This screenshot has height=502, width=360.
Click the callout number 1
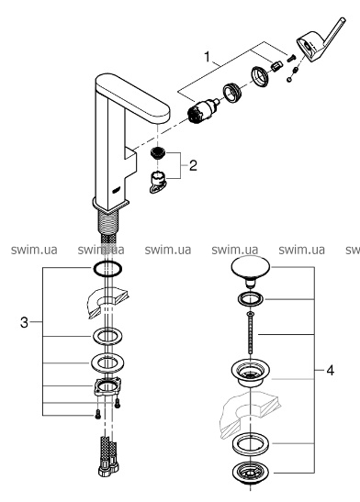(x=208, y=57)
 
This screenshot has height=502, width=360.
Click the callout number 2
(x=193, y=166)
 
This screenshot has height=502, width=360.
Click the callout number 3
(x=24, y=322)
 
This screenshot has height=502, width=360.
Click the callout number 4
(x=331, y=371)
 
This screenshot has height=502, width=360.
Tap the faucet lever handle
(x=321, y=40)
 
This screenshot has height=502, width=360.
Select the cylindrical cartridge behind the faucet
(x=202, y=110)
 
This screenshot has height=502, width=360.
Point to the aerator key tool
(x=157, y=182)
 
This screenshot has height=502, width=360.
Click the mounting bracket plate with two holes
(x=107, y=386)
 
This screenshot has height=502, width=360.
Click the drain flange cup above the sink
(x=251, y=373)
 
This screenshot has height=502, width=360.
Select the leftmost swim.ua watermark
(x=34, y=250)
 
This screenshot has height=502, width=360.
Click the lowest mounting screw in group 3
(x=97, y=416)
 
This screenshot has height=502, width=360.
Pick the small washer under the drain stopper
(x=251, y=299)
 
